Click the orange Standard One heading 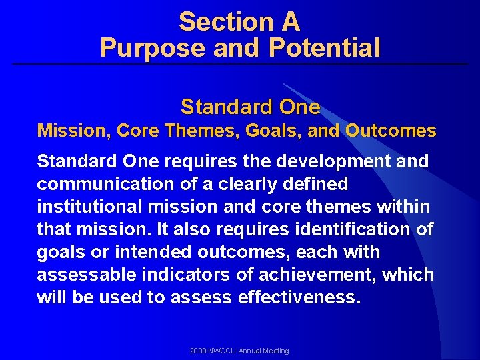point(250,107)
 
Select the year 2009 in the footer point(198,351)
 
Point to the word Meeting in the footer point(276,351)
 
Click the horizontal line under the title point(240,64)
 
